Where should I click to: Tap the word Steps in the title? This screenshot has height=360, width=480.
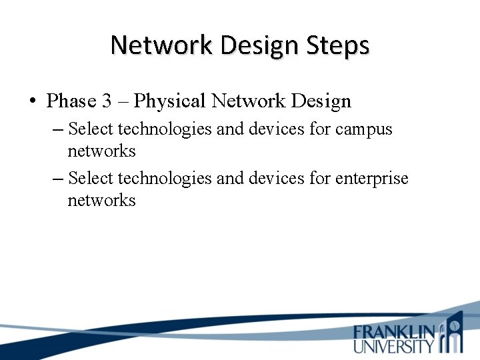[336, 46]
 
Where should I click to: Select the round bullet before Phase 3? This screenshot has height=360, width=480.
[32, 102]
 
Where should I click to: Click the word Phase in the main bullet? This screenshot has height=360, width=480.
[71, 101]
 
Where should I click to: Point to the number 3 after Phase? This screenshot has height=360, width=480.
[107, 101]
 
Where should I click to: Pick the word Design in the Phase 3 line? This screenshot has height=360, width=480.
[319, 101]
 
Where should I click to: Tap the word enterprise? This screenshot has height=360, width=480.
[372, 178]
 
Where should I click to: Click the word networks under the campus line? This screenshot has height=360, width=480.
[101, 151]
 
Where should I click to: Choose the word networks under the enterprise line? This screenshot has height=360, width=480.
[101, 201]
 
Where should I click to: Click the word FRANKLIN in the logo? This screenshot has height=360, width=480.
[394, 332]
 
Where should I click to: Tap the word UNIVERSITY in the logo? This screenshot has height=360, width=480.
[394, 345]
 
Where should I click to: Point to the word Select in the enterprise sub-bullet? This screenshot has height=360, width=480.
[91, 178]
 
